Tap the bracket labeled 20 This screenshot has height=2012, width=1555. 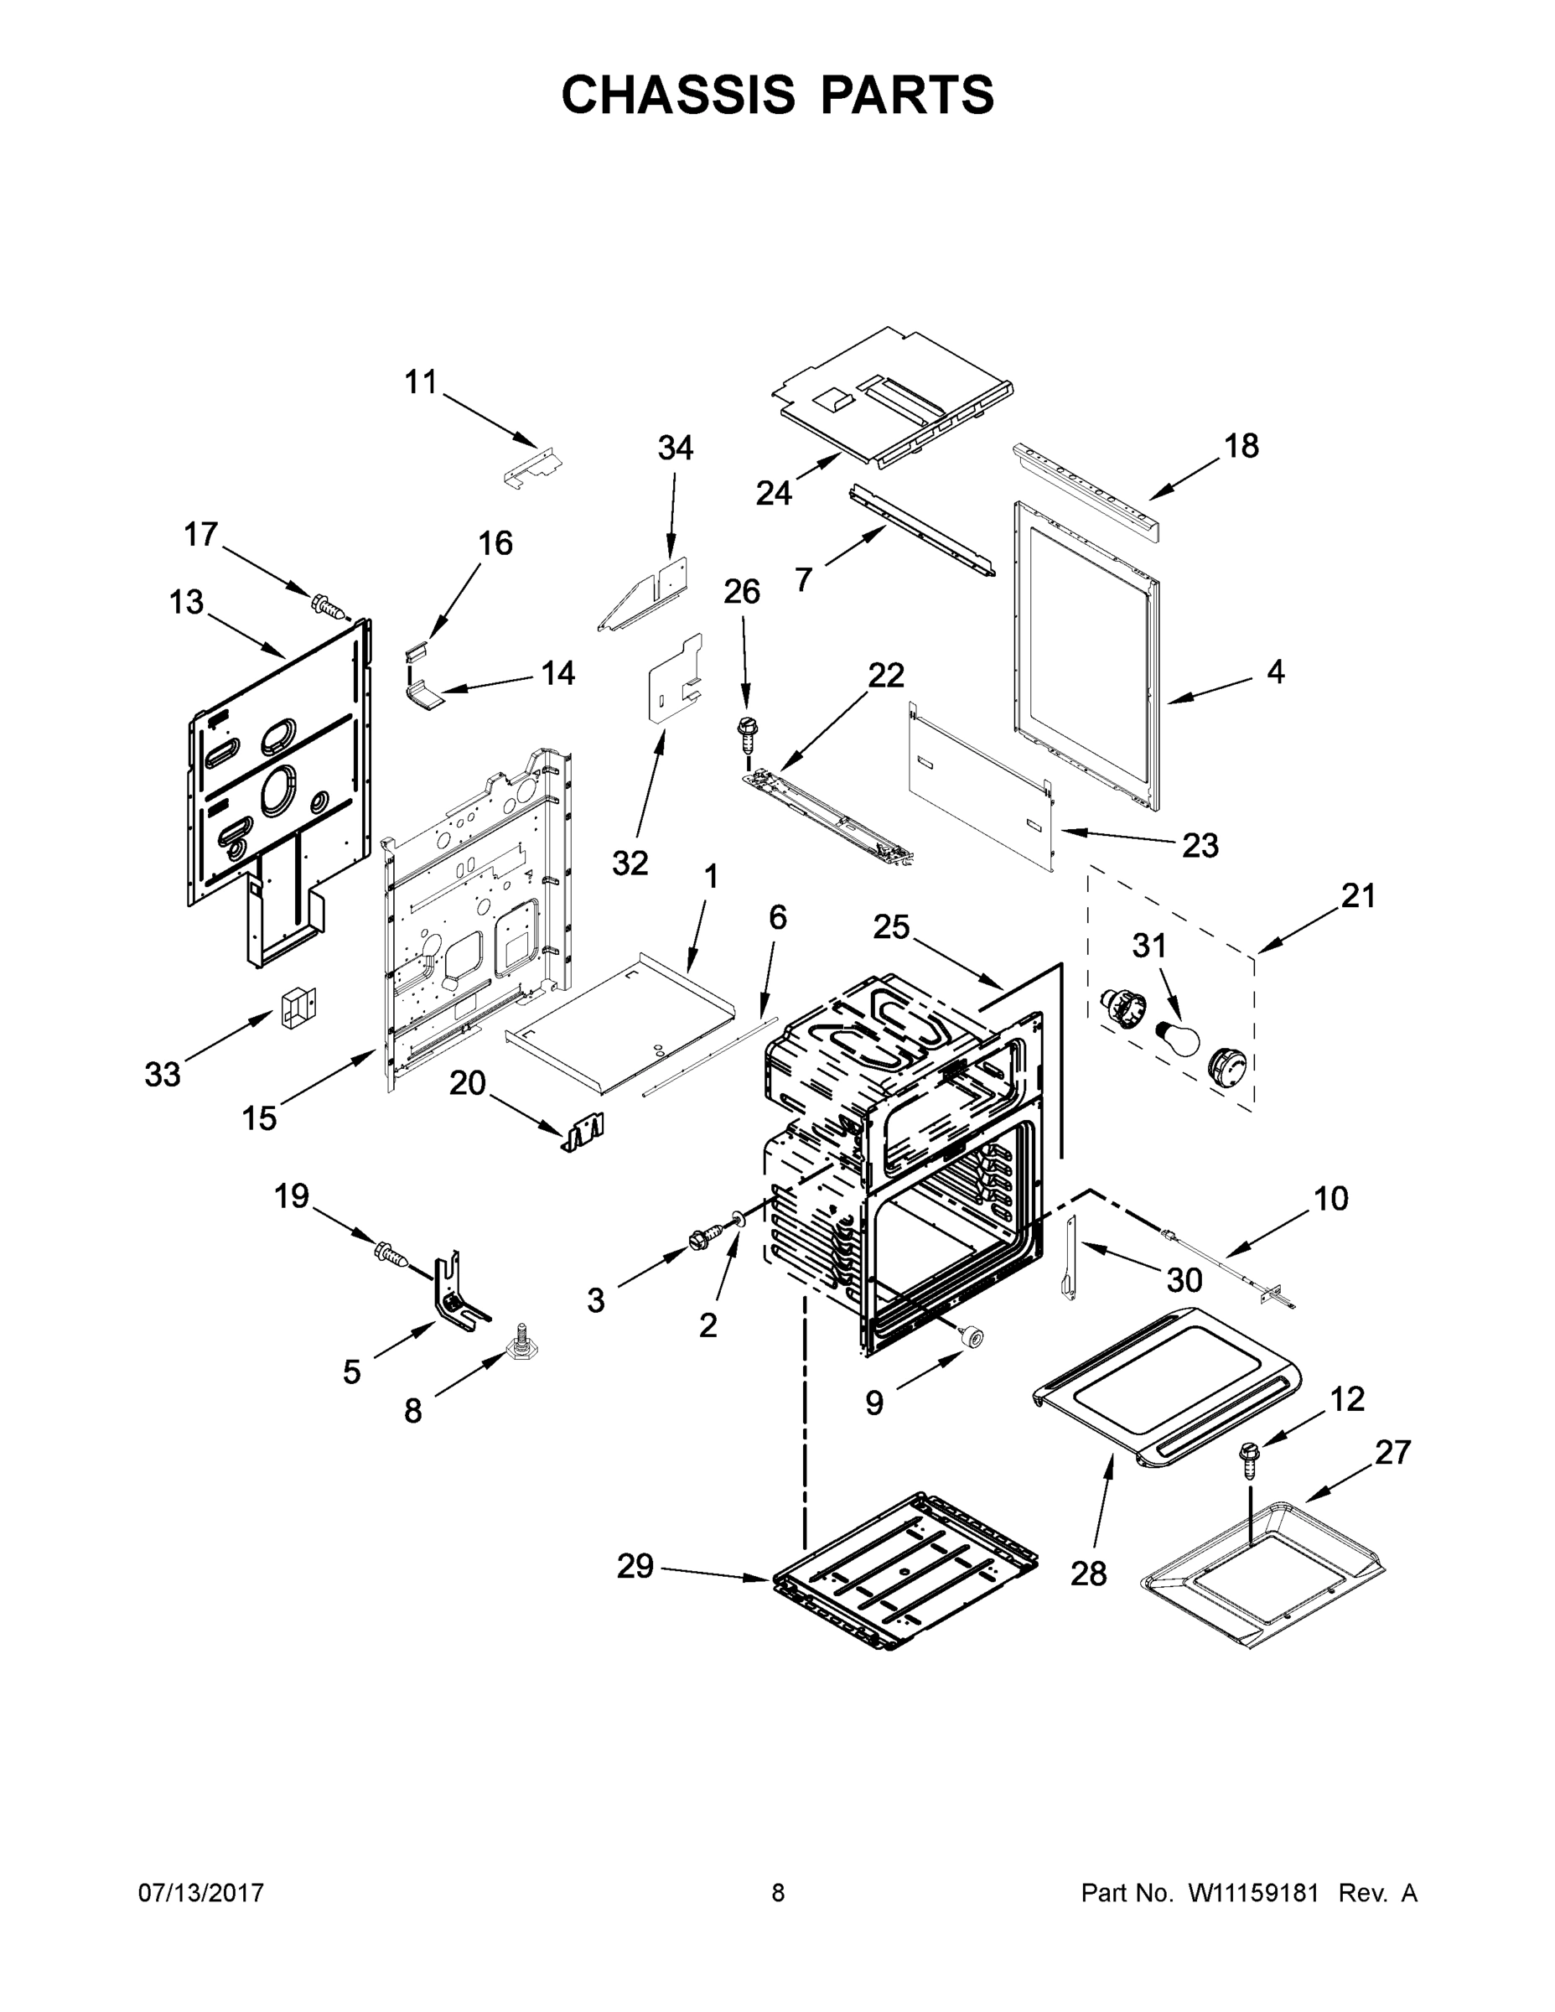pyautogui.click(x=584, y=1131)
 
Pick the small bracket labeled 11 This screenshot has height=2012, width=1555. pyautogui.click(x=533, y=466)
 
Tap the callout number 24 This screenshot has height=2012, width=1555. pyautogui.click(x=773, y=493)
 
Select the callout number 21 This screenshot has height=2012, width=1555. pyautogui.click(x=1358, y=895)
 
